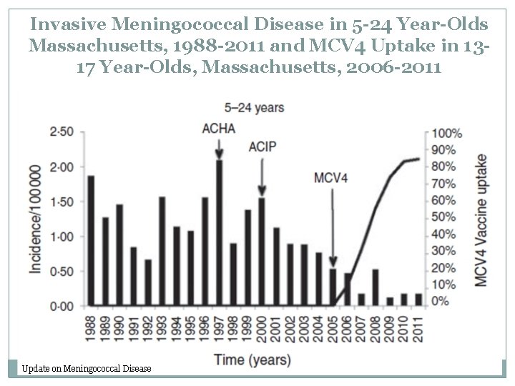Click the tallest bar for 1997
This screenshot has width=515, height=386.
219,233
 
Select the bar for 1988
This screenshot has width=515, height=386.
91,241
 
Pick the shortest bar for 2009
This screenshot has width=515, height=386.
390,302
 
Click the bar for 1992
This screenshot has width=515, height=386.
148,282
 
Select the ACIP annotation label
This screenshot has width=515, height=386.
263,147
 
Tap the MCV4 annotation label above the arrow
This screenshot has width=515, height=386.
331,177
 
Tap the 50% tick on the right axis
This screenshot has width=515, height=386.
450,217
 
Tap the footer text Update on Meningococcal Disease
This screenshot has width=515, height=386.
87,368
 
